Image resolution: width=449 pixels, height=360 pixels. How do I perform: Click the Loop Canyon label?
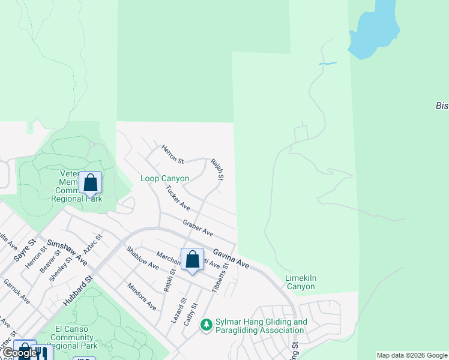pos(164,178)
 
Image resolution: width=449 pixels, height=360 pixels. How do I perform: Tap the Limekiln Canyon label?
pos(300,282)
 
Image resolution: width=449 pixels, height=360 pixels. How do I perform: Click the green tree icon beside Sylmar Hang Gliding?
pos(206,325)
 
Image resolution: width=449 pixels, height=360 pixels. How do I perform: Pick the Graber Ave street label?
pos(198,227)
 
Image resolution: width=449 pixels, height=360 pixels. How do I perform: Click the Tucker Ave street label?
pos(178,198)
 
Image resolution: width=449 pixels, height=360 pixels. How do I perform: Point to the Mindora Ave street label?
pos(142,297)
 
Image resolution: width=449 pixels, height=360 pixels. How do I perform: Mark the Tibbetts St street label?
pos(220,278)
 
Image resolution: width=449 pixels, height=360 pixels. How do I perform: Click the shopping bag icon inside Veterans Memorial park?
pos(90,183)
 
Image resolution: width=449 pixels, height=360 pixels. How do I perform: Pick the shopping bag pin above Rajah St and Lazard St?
pos(192,260)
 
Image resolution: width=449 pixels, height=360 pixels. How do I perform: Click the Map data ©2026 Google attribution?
pos(412,355)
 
